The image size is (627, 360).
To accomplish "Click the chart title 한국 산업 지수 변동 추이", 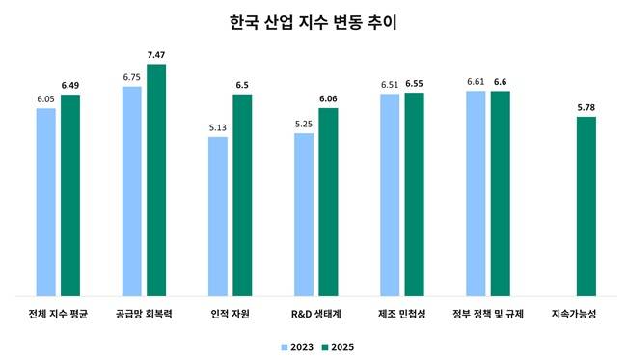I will click(x=313, y=20).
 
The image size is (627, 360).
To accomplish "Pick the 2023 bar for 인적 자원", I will click(x=218, y=216).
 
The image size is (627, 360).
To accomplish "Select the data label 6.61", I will click(x=475, y=84).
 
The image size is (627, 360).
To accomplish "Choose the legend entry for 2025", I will click(x=336, y=346).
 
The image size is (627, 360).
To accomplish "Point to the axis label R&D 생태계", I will click(x=315, y=315).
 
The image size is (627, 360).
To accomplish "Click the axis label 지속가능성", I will click(x=573, y=315).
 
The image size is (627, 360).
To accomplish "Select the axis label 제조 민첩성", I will click(x=401, y=315).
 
